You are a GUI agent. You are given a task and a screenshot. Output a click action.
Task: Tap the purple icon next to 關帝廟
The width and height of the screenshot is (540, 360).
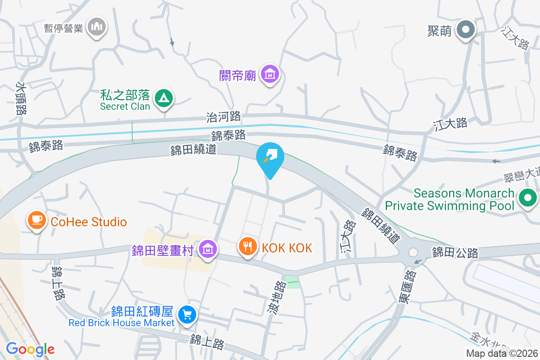(270, 73)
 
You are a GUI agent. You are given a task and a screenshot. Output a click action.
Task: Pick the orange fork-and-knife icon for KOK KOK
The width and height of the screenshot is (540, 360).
(247, 246)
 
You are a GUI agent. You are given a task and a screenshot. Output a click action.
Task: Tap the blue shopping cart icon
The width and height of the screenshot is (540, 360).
(186, 315)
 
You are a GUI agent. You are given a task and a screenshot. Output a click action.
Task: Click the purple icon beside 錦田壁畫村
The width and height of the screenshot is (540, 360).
(207, 248)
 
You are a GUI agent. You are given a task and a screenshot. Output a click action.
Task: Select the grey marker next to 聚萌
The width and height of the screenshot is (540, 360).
(466, 31)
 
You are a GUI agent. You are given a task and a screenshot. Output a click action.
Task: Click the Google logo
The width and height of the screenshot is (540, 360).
(30, 349)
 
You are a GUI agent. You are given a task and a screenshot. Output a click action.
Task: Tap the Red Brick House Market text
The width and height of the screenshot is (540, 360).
(121, 323)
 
